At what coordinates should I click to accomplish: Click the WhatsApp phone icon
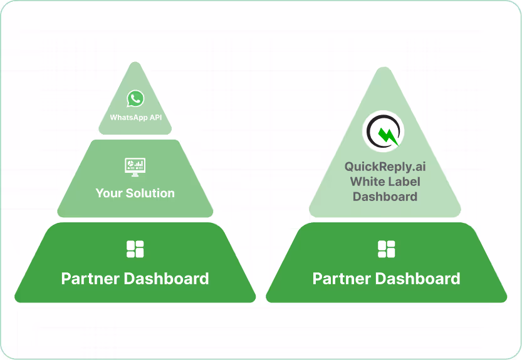click(x=135, y=99)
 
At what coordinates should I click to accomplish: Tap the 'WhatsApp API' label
click(x=135, y=117)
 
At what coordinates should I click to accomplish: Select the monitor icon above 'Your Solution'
click(x=135, y=167)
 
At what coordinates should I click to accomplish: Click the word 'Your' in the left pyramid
click(x=108, y=193)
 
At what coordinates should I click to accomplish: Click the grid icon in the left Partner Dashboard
click(x=135, y=249)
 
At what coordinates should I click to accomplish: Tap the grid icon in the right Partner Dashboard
click(x=386, y=249)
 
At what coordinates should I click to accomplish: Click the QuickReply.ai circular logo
click(x=383, y=132)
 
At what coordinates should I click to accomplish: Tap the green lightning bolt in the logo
click(x=387, y=134)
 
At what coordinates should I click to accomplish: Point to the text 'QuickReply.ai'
click(x=385, y=167)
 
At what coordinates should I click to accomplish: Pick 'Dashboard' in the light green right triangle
click(x=385, y=197)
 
